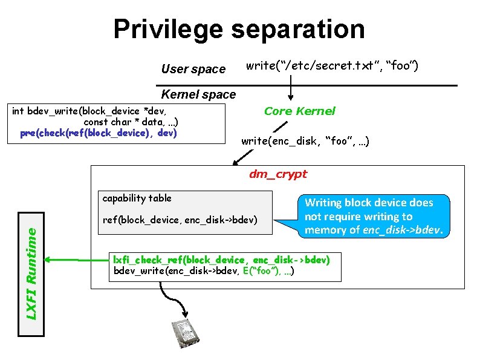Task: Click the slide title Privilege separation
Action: (239, 29)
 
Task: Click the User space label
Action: (193, 69)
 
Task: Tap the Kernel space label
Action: (198, 94)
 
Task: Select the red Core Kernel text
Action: (299, 111)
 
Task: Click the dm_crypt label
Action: (278, 174)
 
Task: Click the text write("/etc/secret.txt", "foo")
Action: (332, 65)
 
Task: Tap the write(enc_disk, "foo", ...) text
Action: (305, 142)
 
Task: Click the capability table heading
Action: (137, 198)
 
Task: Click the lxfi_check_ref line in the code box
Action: (222, 260)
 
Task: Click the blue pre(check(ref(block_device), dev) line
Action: (98, 133)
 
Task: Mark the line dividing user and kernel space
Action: (308, 85)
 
